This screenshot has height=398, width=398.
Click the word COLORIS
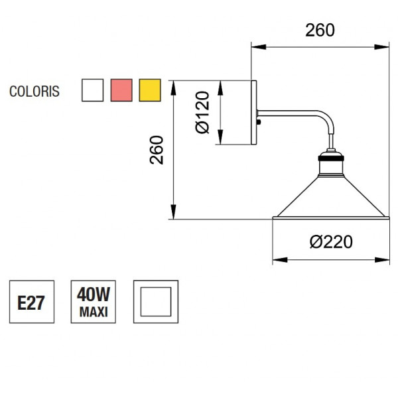click(34, 92)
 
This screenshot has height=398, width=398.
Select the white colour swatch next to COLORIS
click(92, 90)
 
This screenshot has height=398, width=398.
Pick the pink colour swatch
click(121, 90)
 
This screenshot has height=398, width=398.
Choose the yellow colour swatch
click(151, 90)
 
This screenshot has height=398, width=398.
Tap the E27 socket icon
click(31, 302)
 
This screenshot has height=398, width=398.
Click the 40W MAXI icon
click(94, 302)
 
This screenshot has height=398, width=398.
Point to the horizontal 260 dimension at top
click(320, 30)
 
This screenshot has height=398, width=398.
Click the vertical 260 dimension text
click(157, 151)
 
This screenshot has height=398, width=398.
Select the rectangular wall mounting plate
click(255, 113)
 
